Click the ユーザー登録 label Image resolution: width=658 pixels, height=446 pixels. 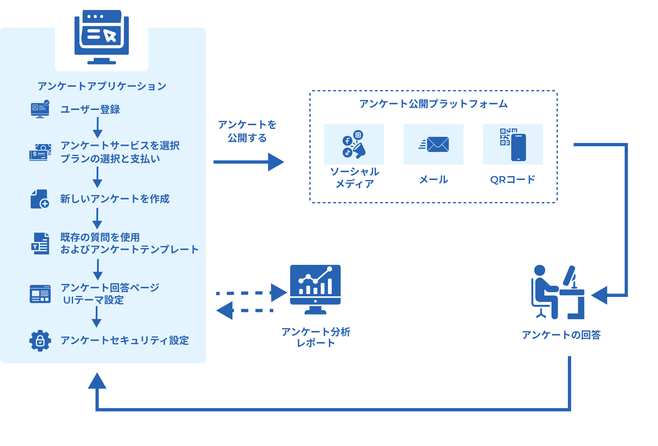[x=90, y=109]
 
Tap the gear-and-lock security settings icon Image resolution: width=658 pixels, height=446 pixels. [x=40, y=341]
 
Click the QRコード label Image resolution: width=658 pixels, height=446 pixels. [x=513, y=180]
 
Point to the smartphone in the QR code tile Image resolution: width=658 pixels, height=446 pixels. [x=518, y=147]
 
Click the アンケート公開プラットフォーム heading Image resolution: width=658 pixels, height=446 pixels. [x=433, y=104]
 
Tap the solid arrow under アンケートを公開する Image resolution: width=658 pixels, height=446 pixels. [x=249, y=162]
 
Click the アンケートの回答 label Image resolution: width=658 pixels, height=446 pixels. [x=561, y=335]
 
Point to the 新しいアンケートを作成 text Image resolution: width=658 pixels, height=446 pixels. [x=115, y=199]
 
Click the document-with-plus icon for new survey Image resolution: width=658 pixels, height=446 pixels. [x=40, y=199]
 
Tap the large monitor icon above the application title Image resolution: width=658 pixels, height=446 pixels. [x=101, y=37]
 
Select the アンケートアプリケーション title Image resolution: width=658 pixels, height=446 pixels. [x=102, y=86]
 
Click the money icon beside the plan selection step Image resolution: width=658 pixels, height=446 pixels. [x=40, y=152]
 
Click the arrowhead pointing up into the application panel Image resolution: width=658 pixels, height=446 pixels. [x=97, y=381]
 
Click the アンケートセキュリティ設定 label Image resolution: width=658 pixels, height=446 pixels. [x=124, y=341]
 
